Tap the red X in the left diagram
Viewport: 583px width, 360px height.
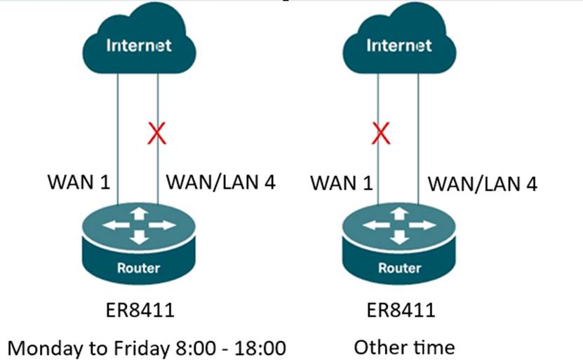pyautogui.click(x=156, y=133)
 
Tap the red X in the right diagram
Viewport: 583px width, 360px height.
pyautogui.click(x=380, y=133)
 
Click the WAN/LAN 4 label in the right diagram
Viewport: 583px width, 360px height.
pyautogui.click(x=483, y=184)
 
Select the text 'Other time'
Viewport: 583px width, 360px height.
pyautogui.click(x=403, y=347)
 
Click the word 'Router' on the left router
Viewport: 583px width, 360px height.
pyautogui.click(x=139, y=267)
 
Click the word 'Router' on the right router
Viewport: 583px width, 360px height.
pyautogui.click(x=399, y=268)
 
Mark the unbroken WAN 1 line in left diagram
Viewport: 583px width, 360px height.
pyautogui.click(x=118, y=140)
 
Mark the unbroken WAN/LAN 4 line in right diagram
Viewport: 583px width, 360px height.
pyautogui.click(x=419, y=140)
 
